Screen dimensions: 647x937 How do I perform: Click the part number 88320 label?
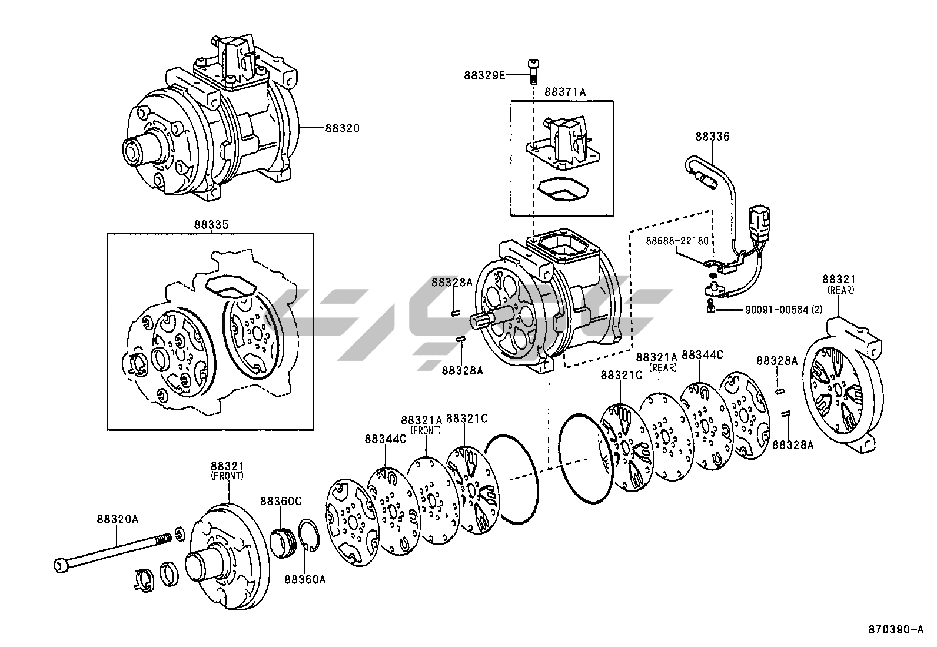[341, 128]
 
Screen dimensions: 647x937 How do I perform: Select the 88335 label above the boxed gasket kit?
[211, 225]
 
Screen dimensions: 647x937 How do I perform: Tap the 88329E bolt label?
[484, 75]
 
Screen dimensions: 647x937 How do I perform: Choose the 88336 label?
[712, 137]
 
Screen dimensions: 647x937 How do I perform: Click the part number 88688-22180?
[677, 241]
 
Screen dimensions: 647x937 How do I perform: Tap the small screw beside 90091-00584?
[711, 307]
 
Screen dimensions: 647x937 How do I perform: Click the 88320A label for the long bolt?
[118, 519]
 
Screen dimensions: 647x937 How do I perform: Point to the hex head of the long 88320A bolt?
[61, 566]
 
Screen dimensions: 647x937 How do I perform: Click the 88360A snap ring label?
[305, 579]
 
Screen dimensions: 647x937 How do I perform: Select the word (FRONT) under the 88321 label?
[227, 475]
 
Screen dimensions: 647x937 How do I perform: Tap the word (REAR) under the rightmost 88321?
[840, 290]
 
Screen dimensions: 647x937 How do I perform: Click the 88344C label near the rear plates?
[702, 354]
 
